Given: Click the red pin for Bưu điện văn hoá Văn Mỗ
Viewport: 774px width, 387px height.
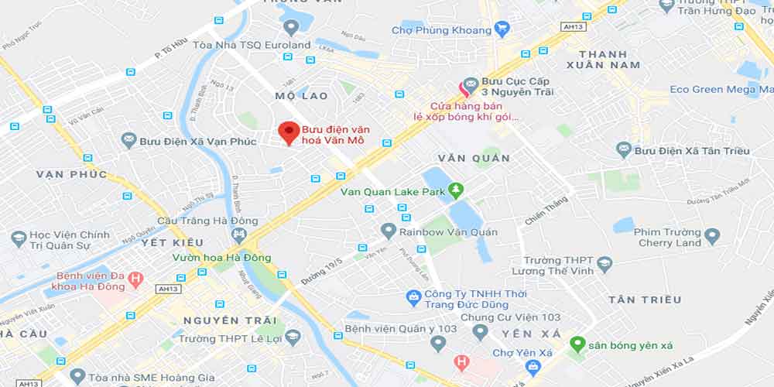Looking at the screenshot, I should (x=289, y=132).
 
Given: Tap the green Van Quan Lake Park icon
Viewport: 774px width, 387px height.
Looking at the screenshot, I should (x=457, y=189).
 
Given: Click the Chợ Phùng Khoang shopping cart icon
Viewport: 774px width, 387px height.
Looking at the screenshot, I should (x=502, y=30).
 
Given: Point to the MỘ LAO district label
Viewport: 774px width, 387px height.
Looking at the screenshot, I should (x=301, y=96).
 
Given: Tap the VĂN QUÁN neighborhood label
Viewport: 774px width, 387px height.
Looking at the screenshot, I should (x=474, y=158).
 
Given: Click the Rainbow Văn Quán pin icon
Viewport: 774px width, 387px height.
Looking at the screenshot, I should (x=389, y=231).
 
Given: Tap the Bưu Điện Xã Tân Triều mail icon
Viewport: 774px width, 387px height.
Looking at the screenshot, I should (x=624, y=149).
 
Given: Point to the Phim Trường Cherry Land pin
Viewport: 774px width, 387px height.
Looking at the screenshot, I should (x=712, y=236).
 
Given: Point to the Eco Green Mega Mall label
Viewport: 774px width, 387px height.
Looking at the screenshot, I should (x=713, y=90).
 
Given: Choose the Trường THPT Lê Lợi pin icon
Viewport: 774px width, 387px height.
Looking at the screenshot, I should (x=292, y=337).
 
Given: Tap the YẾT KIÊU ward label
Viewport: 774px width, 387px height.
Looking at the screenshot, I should (x=172, y=242).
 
